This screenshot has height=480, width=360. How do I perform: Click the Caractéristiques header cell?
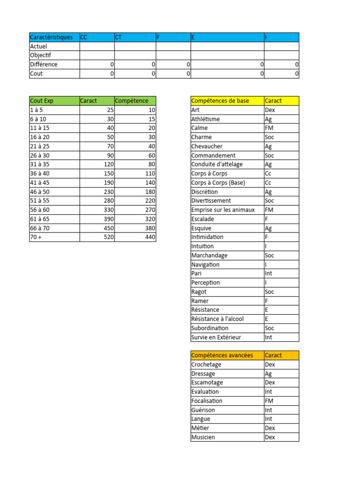pyautogui.click(x=51, y=37)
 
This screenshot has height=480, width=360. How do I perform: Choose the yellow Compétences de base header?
pyautogui.click(x=220, y=101)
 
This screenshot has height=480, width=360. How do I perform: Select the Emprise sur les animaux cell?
pyautogui.click(x=223, y=210)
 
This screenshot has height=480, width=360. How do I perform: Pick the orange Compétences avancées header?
pyautogui.click(x=222, y=355)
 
